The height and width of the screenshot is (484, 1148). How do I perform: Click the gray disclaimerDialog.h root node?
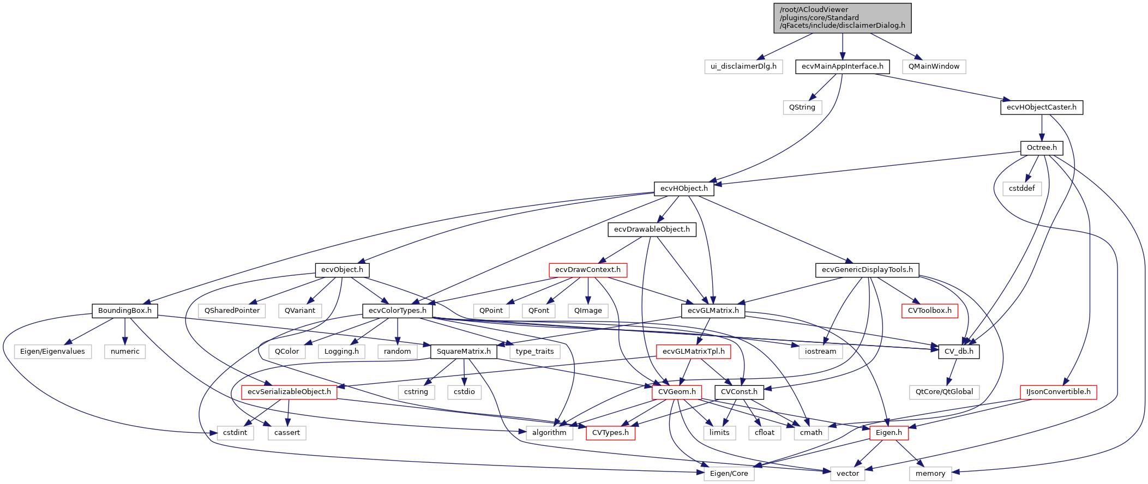pyautogui.click(x=842, y=17)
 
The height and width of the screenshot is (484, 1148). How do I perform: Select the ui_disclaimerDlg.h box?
pyautogui.click(x=743, y=66)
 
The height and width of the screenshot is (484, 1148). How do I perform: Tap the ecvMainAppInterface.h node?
pyautogui.click(x=842, y=66)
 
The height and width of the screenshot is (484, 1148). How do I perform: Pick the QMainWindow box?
pyautogui.click(x=934, y=66)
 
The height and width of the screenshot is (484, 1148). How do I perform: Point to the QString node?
pyautogui.click(x=802, y=107)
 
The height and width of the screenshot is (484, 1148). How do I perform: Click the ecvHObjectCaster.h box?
pyautogui.click(x=1041, y=107)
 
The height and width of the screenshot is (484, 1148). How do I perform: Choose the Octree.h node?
pyautogui.click(x=1041, y=148)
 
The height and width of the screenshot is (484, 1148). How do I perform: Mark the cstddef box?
pyautogui.click(x=1021, y=189)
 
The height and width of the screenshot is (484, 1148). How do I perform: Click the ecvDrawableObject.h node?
pyautogui.click(x=652, y=229)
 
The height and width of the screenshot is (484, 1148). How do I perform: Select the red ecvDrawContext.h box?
pyautogui.click(x=587, y=270)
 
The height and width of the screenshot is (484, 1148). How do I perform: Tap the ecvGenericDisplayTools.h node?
pyautogui.click(x=867, y=270)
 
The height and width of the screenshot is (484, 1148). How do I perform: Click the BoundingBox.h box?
pyautogui.click(x=124, y=311)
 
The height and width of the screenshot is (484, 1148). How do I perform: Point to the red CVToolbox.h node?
pyautogui.click(x=929, y=311)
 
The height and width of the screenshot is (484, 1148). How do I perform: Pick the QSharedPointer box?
pyautogui.click(x=232, y=311)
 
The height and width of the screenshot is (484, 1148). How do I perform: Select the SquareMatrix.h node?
pyautogui.click(x=464, y=352)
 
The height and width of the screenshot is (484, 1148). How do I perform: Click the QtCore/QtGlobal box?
pyautogui.click(x=944, y=392)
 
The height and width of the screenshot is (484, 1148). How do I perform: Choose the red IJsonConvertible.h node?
pyautogui.click(x=1058, y=392)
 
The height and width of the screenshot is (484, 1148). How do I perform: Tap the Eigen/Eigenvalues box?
pyautogui.click(x=52, y=352)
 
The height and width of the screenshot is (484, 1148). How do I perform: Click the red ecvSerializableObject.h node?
pyautogui.click(x=289, y=392)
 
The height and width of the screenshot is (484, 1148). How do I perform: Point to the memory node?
pyautogui.click(x=930, y=474)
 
